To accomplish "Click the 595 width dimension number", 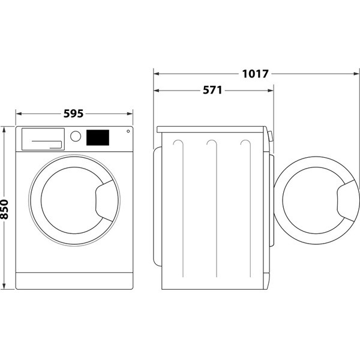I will (73, 113).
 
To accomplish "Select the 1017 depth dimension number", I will (256, 74).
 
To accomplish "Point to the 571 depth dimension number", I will (212, 91).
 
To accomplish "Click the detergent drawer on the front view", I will (43, 139).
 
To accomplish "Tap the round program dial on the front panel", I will (76, 136).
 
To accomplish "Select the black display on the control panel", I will (98, 137).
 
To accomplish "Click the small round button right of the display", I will (128, 133).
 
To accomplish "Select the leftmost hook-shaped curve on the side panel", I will (176, 145).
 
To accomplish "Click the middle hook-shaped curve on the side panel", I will (210, 145).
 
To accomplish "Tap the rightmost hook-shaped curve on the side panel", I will (244, 145).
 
